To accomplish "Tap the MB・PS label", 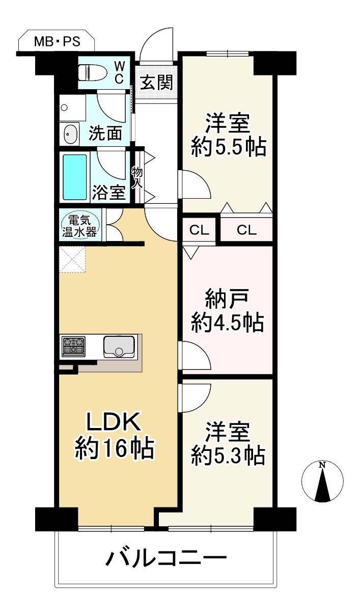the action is coord(57,42).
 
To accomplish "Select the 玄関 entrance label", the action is coord(156,82).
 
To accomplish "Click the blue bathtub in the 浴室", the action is coord(75,177).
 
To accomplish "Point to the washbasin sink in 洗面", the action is coord(70,134).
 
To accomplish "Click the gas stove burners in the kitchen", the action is coord(73,346).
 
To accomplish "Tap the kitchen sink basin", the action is coord(119,347).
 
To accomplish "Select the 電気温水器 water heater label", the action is coord(79,226).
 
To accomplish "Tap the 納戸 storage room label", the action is coord(227,299).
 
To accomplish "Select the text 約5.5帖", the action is coord(229,147).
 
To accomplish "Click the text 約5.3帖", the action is coord(228,456).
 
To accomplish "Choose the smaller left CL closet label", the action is coord(199,230).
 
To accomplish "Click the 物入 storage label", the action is coord(137,177).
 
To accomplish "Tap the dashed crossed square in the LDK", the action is coord(72,259).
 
